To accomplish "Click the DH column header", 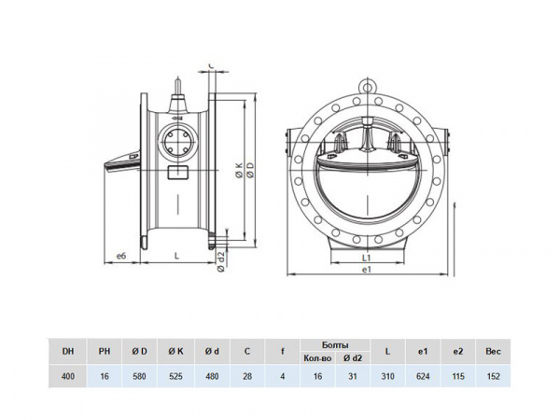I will (x=67, y=351).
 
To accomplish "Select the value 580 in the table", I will (x=138, y=376).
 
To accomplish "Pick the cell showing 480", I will (x=211, y=376).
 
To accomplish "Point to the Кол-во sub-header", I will (x=317, y=358).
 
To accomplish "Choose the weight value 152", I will (x=494, y=376).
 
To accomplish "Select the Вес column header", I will (x=494, y=351).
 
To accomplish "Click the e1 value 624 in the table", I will (x=424, y=376).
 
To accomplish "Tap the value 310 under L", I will (x=388, y=376).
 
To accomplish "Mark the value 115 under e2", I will (x=458, y=376).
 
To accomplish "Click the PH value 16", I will (x=104, y=376).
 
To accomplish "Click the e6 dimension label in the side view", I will (x=120, y=254).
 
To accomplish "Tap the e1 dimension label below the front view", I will (x=367, y=269).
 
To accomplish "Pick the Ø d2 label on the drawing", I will (x=220, y=259).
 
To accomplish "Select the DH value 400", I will (x=67, y=376).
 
